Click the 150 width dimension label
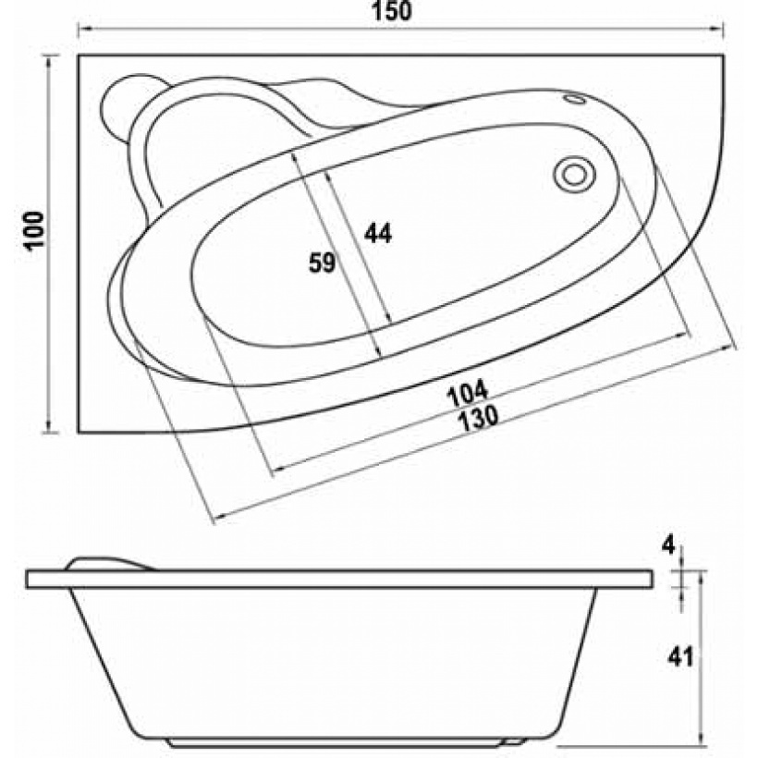click(x=392, y=11)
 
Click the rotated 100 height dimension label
click(x=35, y=230)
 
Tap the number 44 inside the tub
click(x=378, y=234)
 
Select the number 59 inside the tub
click(x=323, y=263)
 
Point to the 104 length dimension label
click(x=467, y=393)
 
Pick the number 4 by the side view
click(x=668, y=546)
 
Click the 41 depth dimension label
click(x=680, y=657)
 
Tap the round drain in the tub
click(x=574, y=175)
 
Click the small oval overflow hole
click(x=575, y=99)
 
